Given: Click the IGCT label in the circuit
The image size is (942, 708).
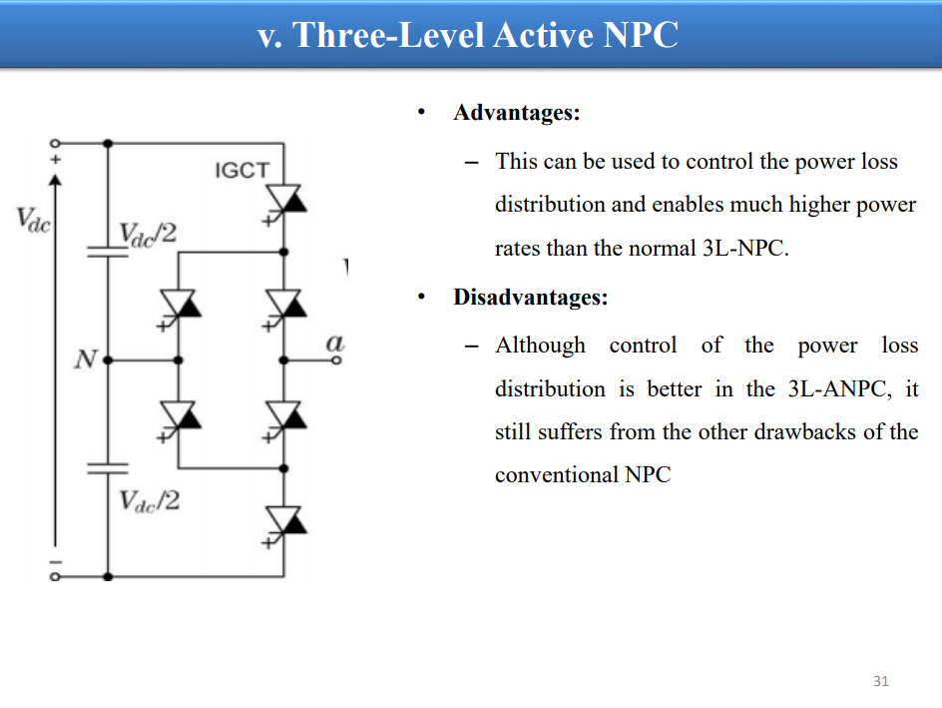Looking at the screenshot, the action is (x=242, y=170).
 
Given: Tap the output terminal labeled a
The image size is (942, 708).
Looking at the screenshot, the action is (x=336, y=360).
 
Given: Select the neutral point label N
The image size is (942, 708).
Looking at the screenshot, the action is (x=85, y=358).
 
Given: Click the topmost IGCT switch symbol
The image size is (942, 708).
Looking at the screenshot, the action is (x=283, y=204).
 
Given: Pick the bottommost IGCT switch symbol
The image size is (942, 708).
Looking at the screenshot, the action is (x=283, y=526).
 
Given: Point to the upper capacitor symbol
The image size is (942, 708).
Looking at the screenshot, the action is (x=108, y=252).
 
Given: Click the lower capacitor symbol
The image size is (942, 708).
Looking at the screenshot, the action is (x=108, y=468).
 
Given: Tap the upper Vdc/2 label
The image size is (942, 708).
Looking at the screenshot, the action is (x=148, y=234).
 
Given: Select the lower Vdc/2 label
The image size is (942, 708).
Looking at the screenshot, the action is (x=149, y=500).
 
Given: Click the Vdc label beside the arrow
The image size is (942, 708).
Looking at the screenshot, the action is (x=33, y=220).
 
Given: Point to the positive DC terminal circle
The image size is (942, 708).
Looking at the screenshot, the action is (x=55, y=143).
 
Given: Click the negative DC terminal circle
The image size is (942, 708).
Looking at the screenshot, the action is (x=55, y=576).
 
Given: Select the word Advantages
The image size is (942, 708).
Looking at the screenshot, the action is (x=517, y=113).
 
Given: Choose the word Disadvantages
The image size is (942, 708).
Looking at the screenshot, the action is (x=531, y=297).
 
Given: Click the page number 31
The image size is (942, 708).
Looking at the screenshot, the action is (x=881, y=681).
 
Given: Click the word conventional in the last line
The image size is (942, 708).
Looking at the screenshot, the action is (x=556, y=474).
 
